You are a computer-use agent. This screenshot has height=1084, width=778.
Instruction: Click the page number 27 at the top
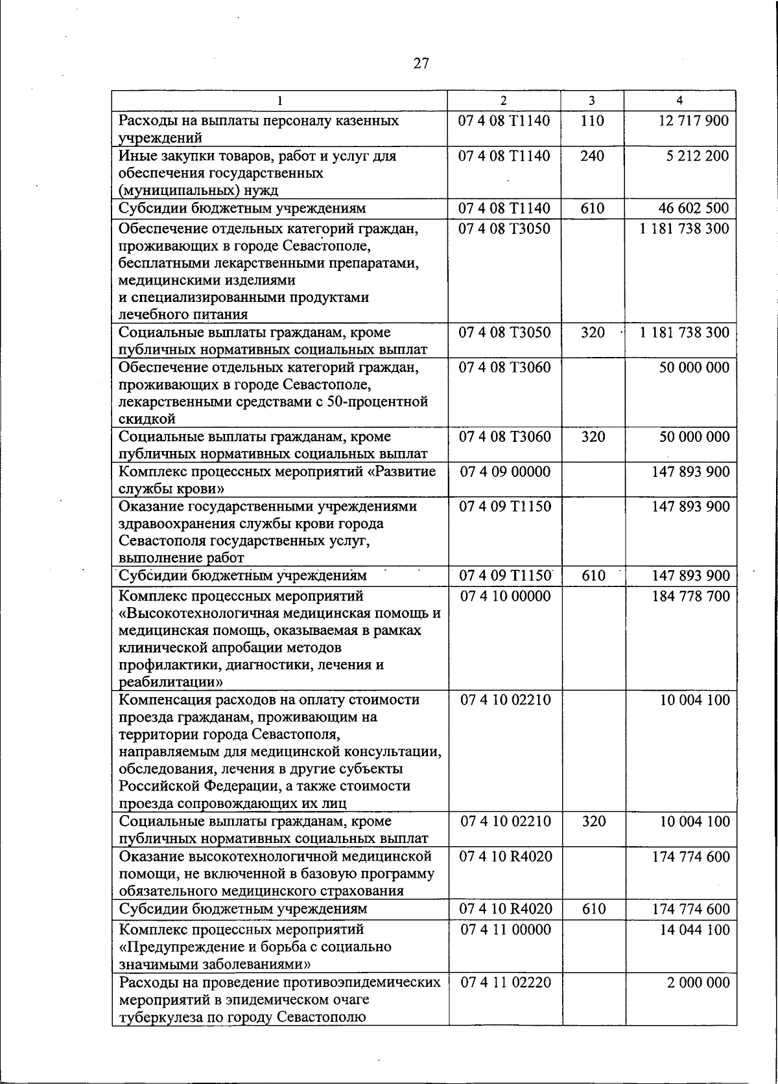point(421,63)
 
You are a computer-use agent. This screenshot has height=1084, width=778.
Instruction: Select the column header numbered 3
point(591,100)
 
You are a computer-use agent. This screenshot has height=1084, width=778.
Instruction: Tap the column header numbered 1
point(279,100)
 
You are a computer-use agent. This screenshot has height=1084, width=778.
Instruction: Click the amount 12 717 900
point(693,121)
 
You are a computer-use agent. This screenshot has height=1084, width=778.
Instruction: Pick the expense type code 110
point(592,121)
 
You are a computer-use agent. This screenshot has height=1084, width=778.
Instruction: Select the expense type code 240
point(592,156)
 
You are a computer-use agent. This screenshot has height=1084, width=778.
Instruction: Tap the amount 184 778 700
point(690,596)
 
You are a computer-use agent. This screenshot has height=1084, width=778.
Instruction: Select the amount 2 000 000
point(698,982)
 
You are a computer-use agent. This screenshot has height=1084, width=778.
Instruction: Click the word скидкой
point(147,419)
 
